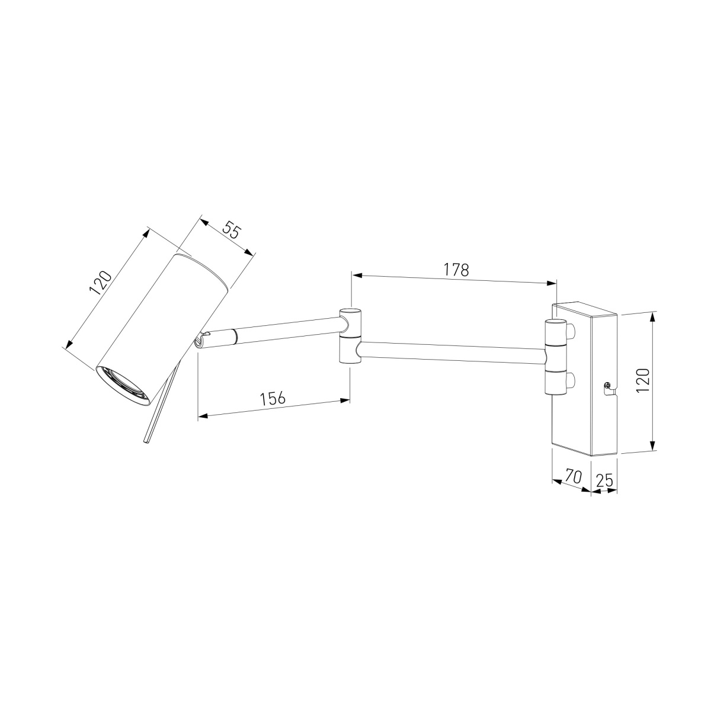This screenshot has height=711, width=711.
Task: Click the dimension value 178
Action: tap(456, 270)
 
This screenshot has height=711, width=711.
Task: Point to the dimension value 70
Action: tap(573, 476)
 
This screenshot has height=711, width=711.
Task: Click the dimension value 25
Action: tap(604, 480)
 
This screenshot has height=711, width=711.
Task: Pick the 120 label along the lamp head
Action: tap(100, 283)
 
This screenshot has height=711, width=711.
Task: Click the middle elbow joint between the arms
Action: tap(351, 337)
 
